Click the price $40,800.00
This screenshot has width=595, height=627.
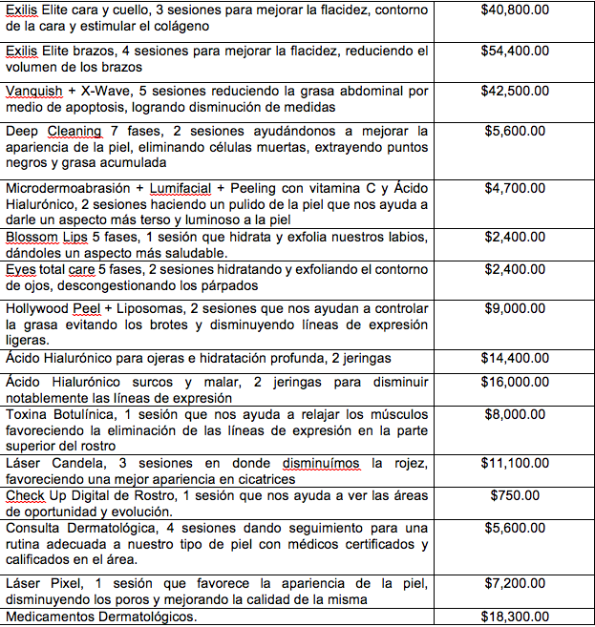[x=515, y=11]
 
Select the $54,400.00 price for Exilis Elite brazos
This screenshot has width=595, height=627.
[x=515, y=50]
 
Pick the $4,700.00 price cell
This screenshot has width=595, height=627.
[x=515, y=188]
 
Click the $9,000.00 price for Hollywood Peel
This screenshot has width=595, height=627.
[x=515, y=308]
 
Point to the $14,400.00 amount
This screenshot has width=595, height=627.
[x=515, y=358]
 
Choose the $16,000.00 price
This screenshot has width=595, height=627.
[x=515, y=380]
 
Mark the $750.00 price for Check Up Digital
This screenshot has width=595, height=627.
[x=515, y=495]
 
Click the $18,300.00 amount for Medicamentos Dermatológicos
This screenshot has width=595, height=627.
[x=515, y=617]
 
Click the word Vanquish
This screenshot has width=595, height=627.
[x=33, y=91]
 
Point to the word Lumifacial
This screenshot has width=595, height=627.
[x=180, y=189]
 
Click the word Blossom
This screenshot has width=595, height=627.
[x=31, y=237]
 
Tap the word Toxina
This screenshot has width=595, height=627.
[x=28, y=414]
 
